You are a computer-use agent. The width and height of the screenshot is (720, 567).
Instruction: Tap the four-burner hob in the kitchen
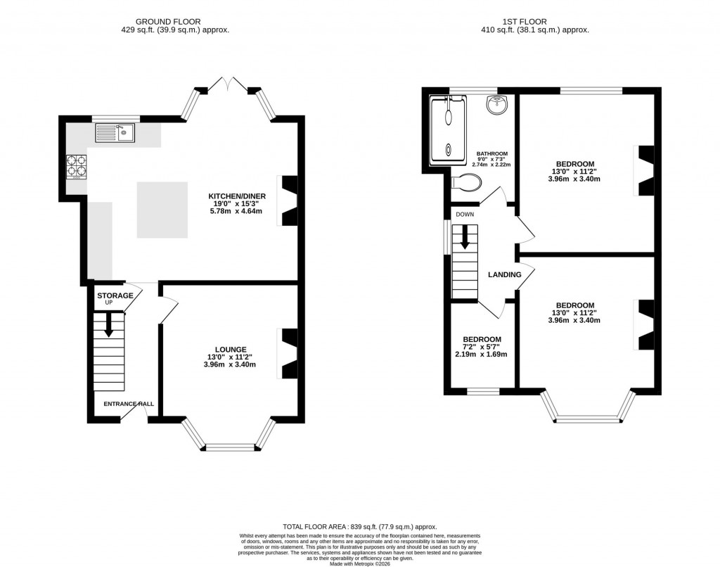tap(77, 166)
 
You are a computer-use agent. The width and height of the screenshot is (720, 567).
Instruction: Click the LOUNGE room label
tap(231, 349)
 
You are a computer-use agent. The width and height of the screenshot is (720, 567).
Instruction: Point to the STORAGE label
tap(115, 295)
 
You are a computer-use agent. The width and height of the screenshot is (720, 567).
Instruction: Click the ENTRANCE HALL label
tap(129, 404)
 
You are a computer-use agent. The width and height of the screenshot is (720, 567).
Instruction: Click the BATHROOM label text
tap(492, 153)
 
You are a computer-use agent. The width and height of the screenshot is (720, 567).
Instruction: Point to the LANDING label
tap(505, 274)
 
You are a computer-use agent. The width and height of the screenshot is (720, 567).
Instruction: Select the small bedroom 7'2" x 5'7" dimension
tap(482, 347)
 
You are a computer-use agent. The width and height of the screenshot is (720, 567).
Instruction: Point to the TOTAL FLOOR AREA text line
tap(359, 526)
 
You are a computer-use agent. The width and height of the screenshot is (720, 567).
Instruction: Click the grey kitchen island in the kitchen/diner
tap(162, 210)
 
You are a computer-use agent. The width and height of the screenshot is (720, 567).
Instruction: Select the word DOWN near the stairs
tap(465, 214)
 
